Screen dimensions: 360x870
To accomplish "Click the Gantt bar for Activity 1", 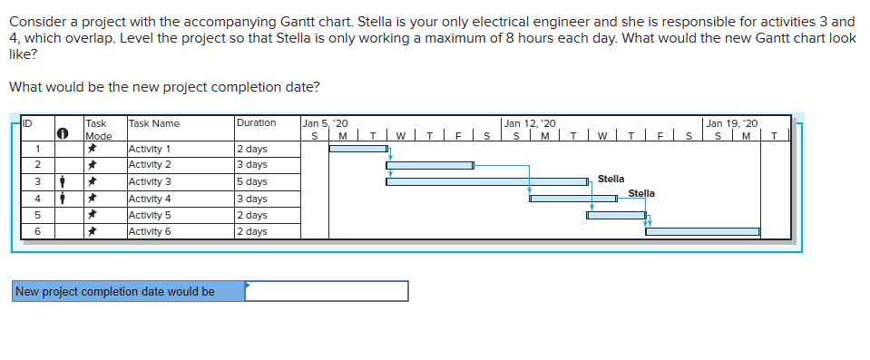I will click(x=357, y=148).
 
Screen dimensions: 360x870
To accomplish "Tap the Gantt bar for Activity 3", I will click(x=486, y=181).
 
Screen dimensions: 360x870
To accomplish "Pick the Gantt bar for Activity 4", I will click(x=573, y=199).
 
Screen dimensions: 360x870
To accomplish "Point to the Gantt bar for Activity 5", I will click(x=616, y=215).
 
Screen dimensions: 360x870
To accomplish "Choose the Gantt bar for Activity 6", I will click(x=702, y=231).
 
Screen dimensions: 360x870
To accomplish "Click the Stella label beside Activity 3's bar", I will click(x=611, y=180).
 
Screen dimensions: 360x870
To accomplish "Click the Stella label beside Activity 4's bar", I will click(x=641, y=193).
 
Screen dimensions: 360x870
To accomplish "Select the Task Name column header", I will click(x=154, y=123).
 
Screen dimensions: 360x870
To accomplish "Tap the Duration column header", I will click(x=256, y=123).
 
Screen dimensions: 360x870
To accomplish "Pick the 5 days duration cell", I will click(x=251, y=181).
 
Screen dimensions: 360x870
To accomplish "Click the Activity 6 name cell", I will click(x=151, y=232).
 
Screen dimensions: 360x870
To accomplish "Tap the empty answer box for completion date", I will click(x=327, y=291).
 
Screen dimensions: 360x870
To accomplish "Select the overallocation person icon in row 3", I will click(x=61, y=181).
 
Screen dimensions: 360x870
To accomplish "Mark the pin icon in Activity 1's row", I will click(x=93, y=148).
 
